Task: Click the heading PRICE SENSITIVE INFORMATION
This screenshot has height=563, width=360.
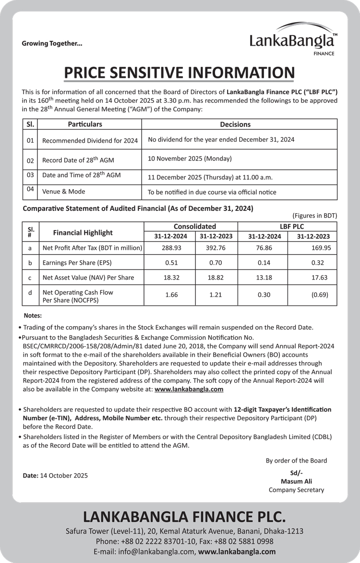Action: (x=179, y=73)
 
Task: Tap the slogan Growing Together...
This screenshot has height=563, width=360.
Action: (x=52, y=43)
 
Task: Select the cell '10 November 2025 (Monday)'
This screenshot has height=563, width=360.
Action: (x=190, y=159)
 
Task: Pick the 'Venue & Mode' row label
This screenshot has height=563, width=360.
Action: (x=64, y=191)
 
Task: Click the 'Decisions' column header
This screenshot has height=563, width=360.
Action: (x=235, y=124)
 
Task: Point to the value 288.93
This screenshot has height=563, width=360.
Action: (x=171, y=248)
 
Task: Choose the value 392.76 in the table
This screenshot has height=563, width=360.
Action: (x=216, y=248)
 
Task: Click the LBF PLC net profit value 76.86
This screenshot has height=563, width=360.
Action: (x=264, y=248)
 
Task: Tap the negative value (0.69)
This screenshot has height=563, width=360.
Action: (x=320, y=294)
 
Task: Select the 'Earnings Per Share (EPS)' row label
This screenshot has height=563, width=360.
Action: (x=78, y=263)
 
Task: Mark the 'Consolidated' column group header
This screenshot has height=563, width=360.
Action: (x=194, y=226)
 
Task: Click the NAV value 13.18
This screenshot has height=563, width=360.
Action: (x=264, y=277)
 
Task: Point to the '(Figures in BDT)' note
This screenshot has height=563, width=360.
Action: (x=314, y=215)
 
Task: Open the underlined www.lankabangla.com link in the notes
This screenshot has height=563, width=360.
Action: (x=189, y=389)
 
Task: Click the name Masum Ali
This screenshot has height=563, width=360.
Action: (x=296, y=481)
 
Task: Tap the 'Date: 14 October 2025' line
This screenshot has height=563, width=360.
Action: (x=55, y=476)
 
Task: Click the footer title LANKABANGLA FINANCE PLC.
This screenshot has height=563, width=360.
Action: (x=184, y=516)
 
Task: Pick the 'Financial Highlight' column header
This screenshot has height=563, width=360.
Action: (x=83, y=233)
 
